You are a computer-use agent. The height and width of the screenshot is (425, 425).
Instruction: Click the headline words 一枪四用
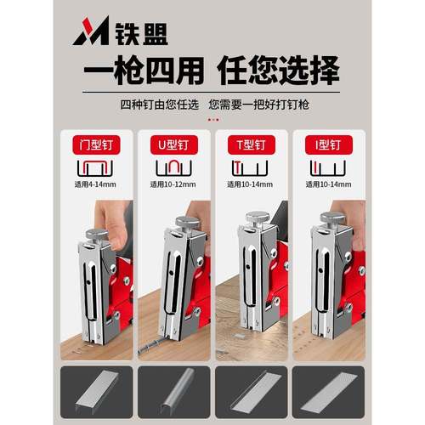tap(137, 71)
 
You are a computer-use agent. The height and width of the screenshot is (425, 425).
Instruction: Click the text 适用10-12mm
tap(173, 184)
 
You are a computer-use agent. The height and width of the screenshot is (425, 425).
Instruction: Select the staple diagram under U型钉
tap(174, 167)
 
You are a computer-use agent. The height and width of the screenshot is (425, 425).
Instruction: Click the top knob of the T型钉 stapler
tap(258, 218)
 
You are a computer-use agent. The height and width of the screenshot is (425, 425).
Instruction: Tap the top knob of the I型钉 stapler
tap(332, 219)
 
